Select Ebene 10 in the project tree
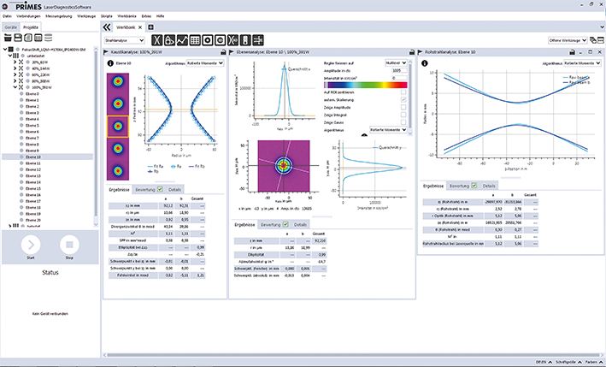pos(32,157)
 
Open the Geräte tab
pos(11,27)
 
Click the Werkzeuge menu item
pos(85,16)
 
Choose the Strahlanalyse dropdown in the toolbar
pos(124,40)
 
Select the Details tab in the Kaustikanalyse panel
pos(174,186)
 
